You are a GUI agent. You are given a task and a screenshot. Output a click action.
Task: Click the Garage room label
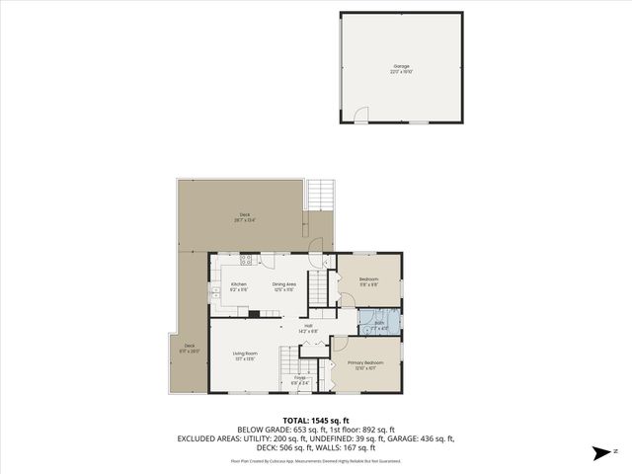click(x=401, y=68)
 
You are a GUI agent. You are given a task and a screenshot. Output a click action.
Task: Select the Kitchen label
click(x=238, y=286)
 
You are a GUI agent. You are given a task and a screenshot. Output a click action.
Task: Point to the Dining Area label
click(x=284, y=286)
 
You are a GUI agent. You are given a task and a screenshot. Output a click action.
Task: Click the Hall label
click(x=308, y=328)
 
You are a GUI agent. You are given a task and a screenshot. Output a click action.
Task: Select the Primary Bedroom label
click(x=365, y=364)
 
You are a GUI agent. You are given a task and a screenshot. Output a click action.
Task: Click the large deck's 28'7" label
click(x=244, y=217)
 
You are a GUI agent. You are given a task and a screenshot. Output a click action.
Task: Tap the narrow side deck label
click(x=190, y=348)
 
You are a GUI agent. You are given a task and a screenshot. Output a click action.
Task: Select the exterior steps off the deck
click(x=322, y=195)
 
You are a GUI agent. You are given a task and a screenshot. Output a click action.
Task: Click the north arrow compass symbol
click(x=598, y=453)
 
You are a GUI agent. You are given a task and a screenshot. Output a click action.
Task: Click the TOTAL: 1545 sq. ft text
click(x=315, y=421)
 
